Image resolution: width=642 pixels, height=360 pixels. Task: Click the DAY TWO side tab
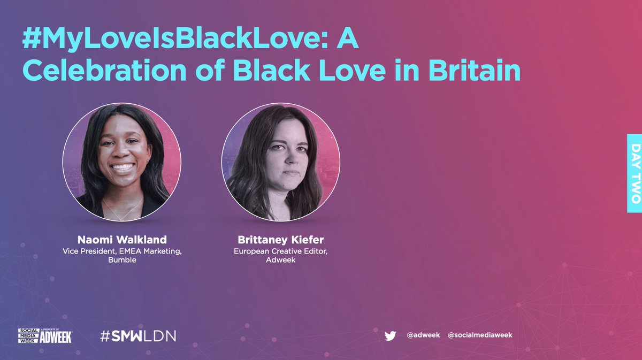pos(635,173)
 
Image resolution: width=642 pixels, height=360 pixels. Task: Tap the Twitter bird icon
pos(390,335)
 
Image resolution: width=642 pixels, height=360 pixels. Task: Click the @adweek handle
pos(423,335)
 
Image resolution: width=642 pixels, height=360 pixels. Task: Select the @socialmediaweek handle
pos(480,335)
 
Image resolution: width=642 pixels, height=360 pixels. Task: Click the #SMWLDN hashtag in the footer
pos(138,336)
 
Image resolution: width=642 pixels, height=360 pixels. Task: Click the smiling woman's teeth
pos(123,167)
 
